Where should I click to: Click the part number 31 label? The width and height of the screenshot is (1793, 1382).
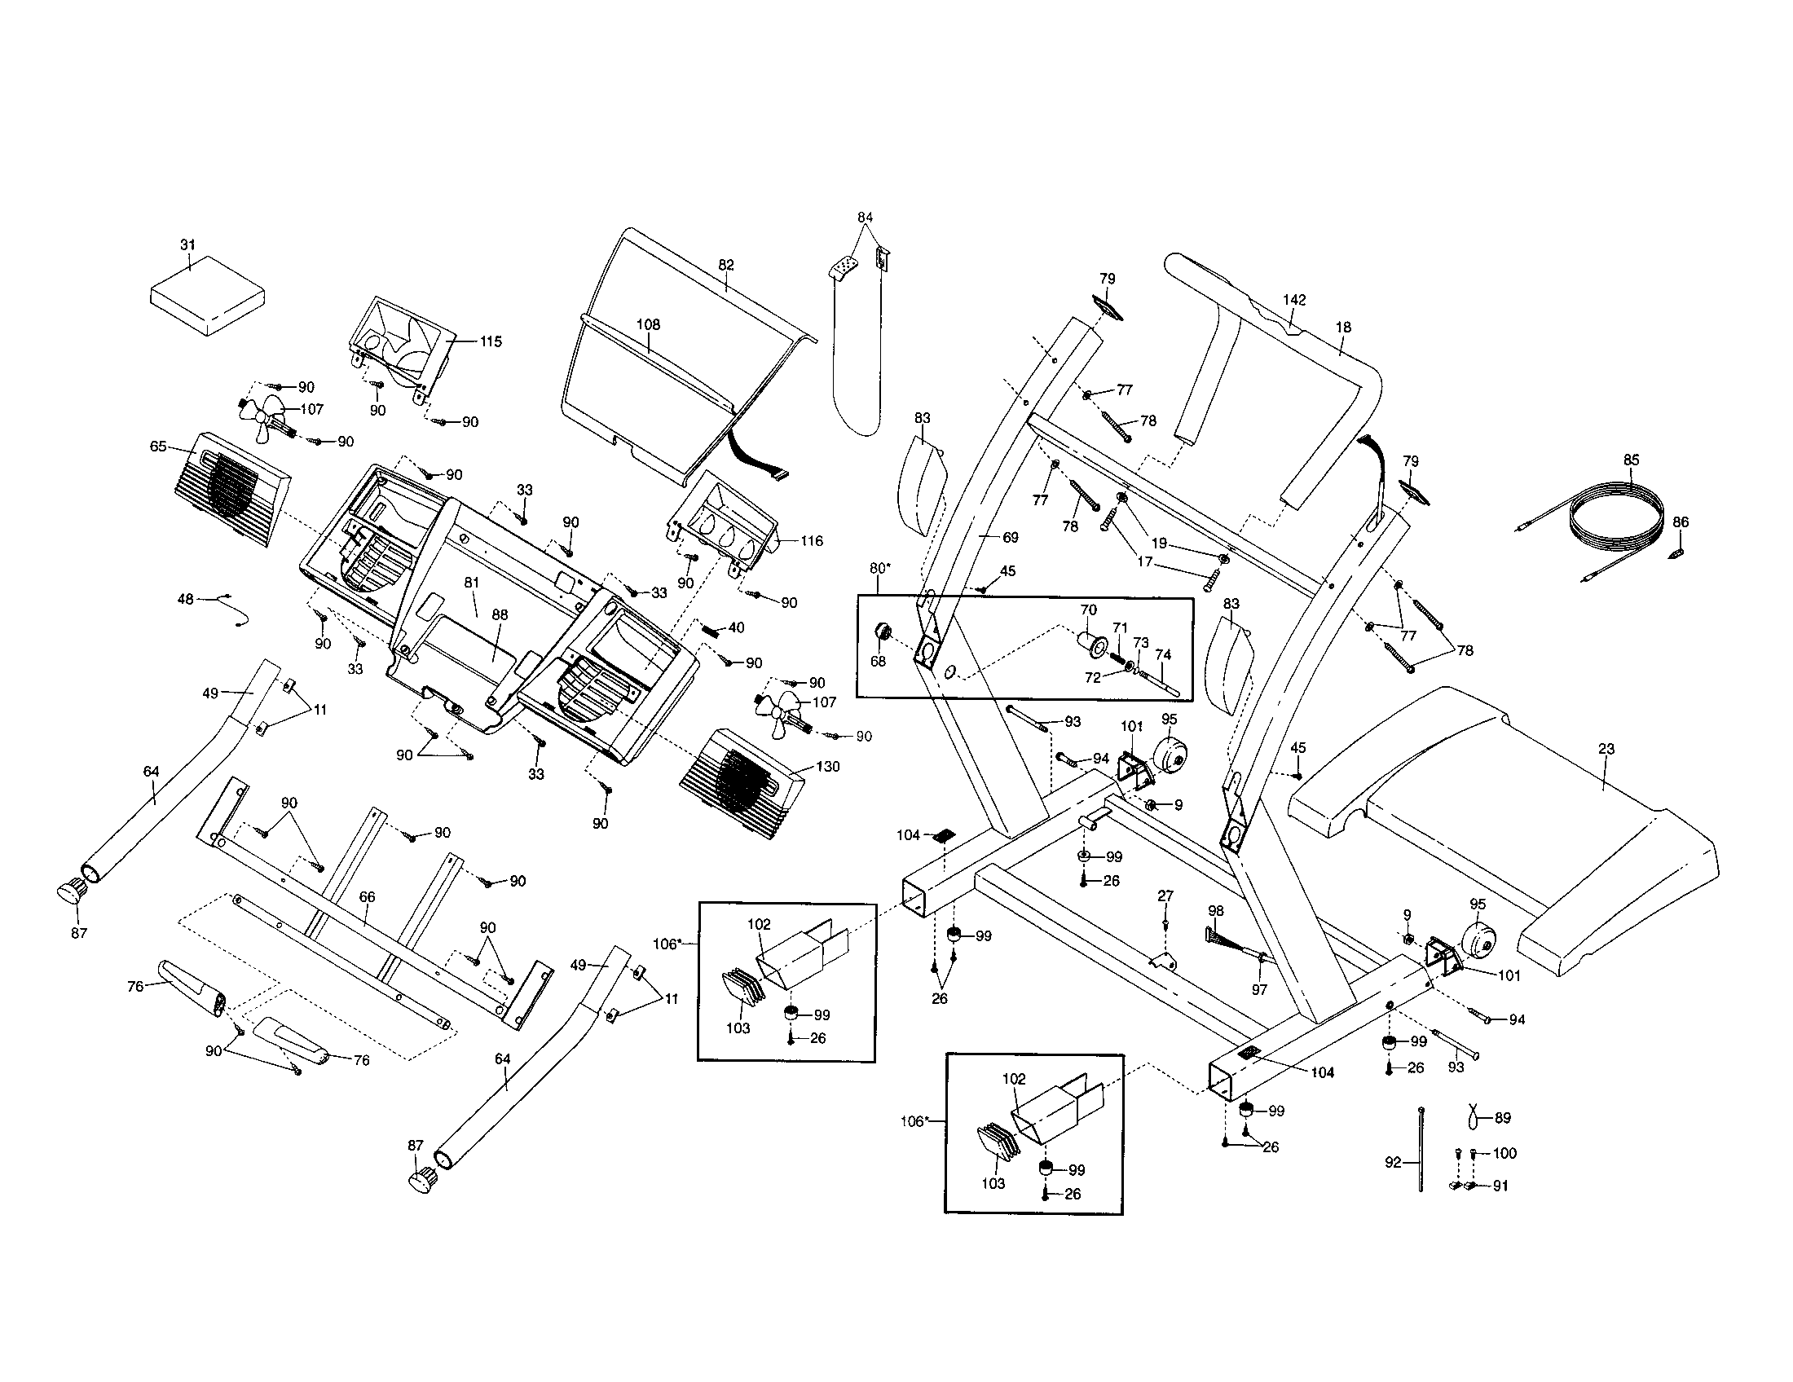point(188,244)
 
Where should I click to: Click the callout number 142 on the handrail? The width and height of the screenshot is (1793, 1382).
point(1294,301)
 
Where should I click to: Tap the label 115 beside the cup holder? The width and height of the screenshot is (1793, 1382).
point(490,341)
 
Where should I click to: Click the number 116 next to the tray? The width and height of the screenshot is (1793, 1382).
point(811,541)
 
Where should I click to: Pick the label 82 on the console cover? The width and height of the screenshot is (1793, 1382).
point(725,265)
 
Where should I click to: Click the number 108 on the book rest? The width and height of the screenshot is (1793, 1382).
point(648,324)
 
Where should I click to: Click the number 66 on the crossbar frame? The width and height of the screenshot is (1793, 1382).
point(367,897)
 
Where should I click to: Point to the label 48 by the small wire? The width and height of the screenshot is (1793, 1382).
point(186,599)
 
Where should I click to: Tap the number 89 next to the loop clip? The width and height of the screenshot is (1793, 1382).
point(1502,1118)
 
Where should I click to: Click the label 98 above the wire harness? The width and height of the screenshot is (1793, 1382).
point(1216,911)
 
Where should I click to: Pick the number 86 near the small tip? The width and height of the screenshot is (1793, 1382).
point(1681,522)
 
